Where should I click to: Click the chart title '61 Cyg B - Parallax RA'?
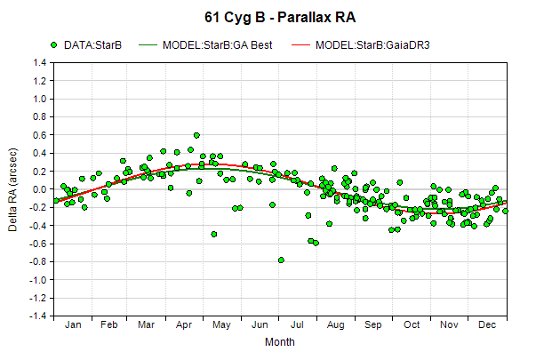pos(280,18)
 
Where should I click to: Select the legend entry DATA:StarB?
pos(86,45)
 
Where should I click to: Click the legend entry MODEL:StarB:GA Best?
pos(205,45)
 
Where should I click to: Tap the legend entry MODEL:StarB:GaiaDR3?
pos(361,45)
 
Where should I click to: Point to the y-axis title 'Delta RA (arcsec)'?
pos(12,189)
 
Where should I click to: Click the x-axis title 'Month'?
pos(280,342)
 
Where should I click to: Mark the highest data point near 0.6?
pos(196,135)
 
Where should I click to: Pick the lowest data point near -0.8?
pos(281,260)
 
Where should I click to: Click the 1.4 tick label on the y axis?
pos(40,63)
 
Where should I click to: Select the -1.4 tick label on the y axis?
pos(38,316)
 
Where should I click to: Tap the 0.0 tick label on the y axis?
pos(40,189)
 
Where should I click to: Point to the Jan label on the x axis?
pos(73,324)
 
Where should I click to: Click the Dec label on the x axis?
pos(487,324)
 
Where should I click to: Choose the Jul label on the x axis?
pos(297,324)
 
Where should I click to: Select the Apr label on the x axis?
pos(184,324)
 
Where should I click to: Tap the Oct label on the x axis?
pos(412,324)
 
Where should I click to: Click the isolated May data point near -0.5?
pos(214,235)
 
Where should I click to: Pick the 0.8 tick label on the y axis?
pos(40,116)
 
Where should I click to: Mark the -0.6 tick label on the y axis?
pos(38,244)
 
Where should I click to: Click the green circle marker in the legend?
pos(54,45)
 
